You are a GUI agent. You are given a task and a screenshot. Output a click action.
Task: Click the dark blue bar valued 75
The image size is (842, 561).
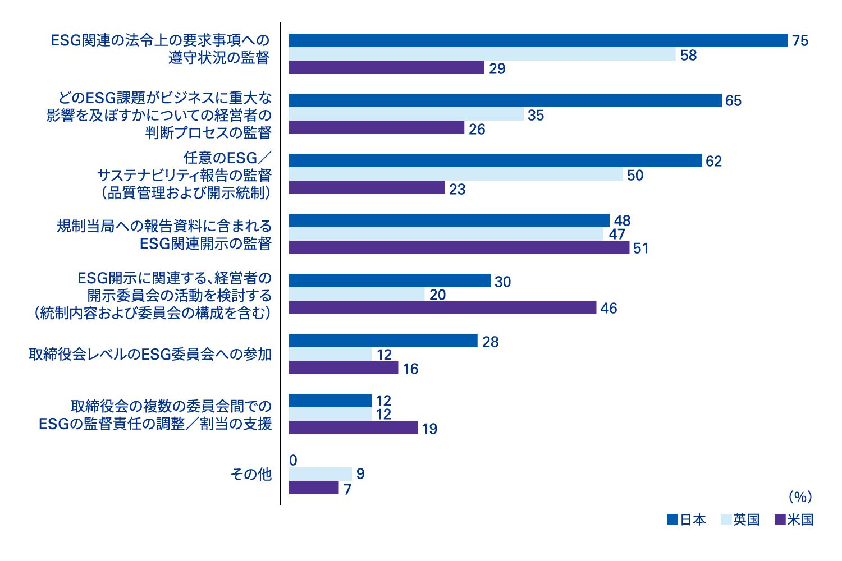pyautogui.click(x=538, y=40)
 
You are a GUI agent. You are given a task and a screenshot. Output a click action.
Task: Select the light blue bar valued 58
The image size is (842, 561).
pyautogui.click(x=482, y=54)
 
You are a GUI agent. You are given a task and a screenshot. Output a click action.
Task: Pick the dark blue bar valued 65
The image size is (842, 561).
pyautogui.click(x=505, y=100)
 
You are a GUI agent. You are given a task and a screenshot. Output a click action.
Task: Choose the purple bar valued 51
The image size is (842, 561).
pyautogui.click(x=459, y=247)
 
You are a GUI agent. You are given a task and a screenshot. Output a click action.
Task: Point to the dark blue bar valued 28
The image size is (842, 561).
pyautogui.click(x=383, y=341)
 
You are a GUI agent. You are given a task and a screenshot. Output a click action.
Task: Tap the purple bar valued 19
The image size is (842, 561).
pyautogui.click(x=353, y=427)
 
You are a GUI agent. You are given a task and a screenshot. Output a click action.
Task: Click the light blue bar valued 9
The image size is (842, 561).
pyautogui.click(x=320, y=474)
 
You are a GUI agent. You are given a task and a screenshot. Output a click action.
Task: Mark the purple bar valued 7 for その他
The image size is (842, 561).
pyautogui.click(x=314, y=488)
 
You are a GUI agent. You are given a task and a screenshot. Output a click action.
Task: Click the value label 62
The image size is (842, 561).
pyautogui.click(x=713, y=162)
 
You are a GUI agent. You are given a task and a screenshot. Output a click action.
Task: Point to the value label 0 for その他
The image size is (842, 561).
pyautogui.click(x=293, y=461)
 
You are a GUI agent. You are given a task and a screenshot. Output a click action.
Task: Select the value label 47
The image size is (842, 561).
pyautogui.click(x=617, y=234)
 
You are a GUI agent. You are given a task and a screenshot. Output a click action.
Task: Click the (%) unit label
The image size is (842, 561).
pyautogui.click(x=800, y=497)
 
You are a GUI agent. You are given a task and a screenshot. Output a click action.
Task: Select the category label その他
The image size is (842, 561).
pyautogui.click(x=251, y=475)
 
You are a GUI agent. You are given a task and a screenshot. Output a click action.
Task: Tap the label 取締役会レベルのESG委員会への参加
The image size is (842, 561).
pyautogui.click(x=150, y=355)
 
